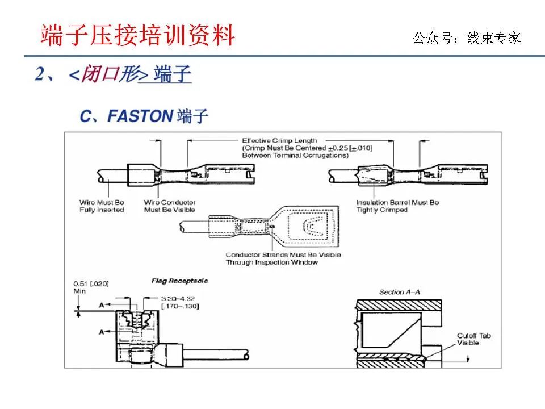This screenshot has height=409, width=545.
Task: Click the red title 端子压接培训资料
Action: [137, 36]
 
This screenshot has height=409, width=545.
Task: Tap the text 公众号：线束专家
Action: [467, 38]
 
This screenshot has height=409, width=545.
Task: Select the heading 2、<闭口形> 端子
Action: [113, 74]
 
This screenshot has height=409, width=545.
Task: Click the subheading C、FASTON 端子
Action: [144, 116]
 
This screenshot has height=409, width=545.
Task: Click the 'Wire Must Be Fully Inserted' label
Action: [102, 206]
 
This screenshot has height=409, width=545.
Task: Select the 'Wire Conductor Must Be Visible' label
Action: [169, 206]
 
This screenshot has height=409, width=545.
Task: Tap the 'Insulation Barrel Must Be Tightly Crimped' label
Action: [397, 206]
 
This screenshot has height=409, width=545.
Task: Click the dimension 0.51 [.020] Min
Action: [90, 287]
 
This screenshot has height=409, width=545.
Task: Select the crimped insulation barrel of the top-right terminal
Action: [372, 173]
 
